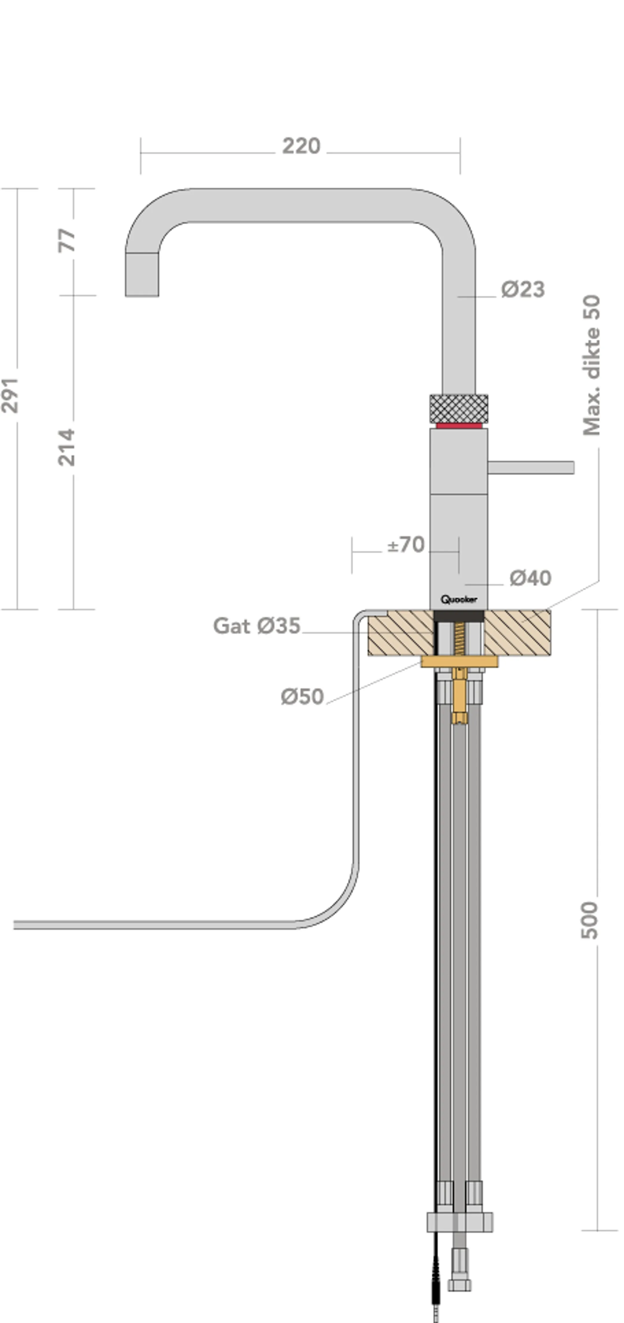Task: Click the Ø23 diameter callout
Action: [x=523, y=290]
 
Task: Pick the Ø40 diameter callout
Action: [x=530, y=578]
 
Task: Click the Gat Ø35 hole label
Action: [x=257, y=626]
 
